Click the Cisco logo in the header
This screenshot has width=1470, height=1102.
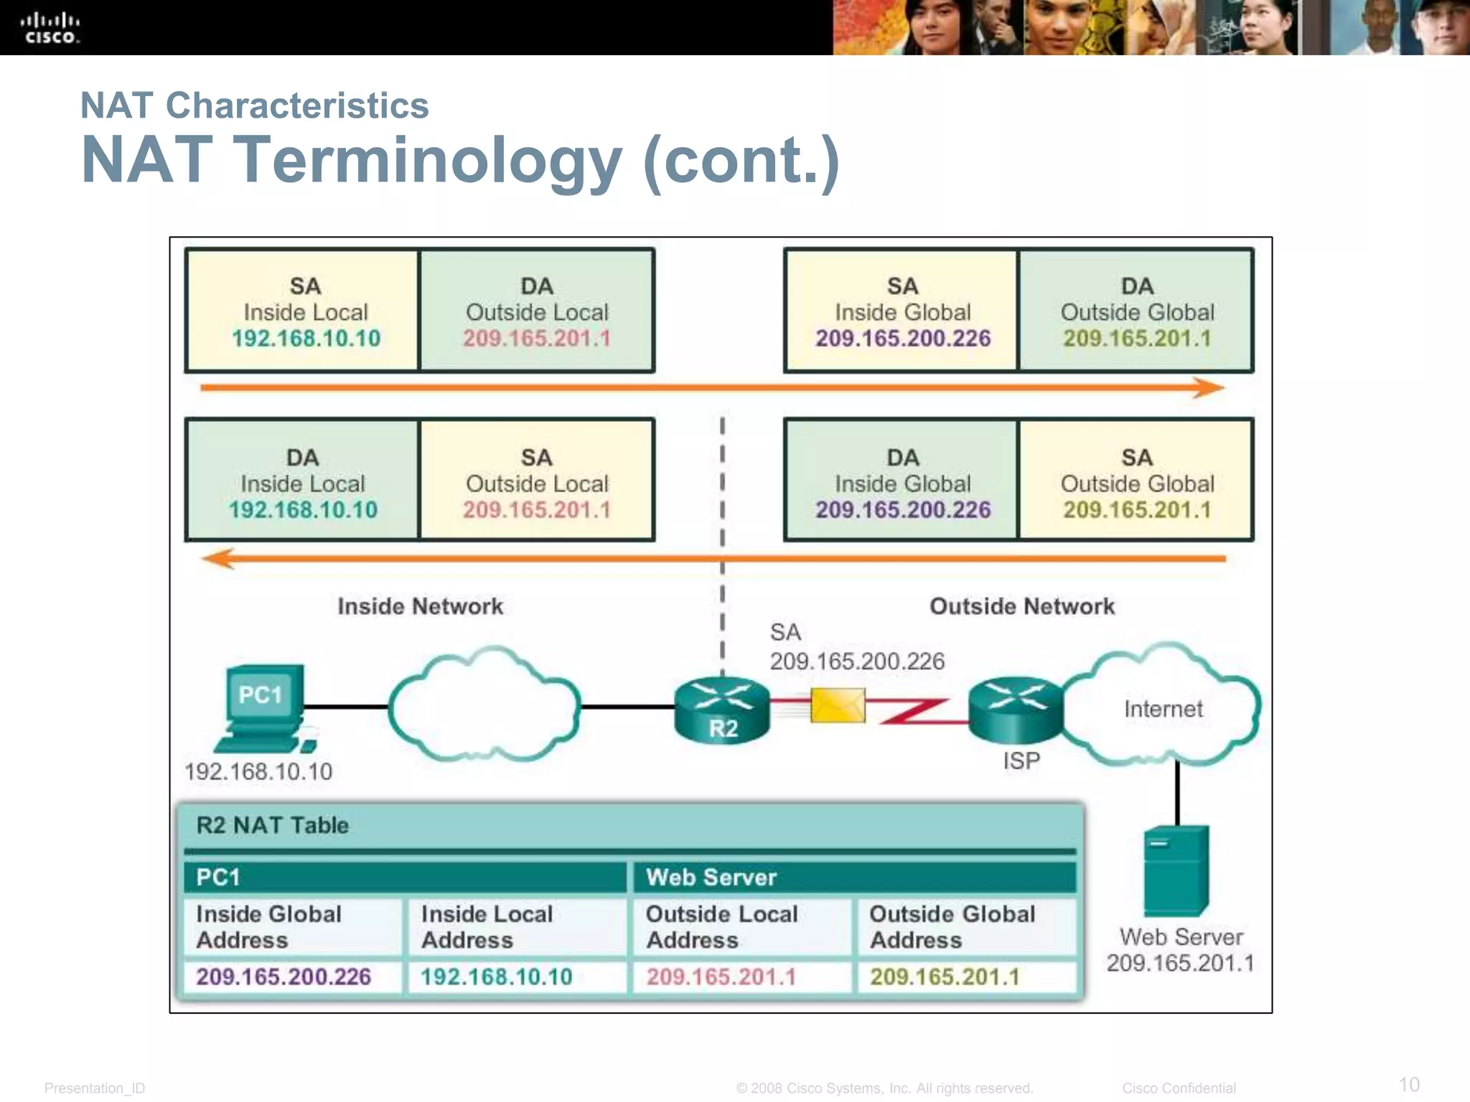(x=50, y=29)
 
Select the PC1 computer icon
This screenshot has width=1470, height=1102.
(x=263, y=706)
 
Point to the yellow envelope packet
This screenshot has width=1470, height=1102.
(x=838, y=705)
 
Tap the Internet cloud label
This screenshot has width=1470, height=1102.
(x=1163, y=709)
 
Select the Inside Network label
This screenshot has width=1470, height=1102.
(x=420, y=606)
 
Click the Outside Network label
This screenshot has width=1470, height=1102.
(x=1022, y=606)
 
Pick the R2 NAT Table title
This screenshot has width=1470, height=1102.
(x=273, y=825)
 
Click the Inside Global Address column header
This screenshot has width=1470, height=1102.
(x=268, y=926)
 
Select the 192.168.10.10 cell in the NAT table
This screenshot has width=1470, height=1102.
(x=496, y=976)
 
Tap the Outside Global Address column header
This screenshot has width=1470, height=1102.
(x=952, y=926)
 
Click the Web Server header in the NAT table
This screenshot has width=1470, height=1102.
(x=711, y=877)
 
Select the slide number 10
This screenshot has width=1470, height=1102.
(x=1409, y=1084)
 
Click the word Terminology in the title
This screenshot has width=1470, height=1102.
(x=429, y=161)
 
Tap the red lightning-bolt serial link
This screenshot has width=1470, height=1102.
(x=915, y=710)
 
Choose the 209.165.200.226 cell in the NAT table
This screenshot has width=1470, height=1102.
(x=284, y=976)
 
